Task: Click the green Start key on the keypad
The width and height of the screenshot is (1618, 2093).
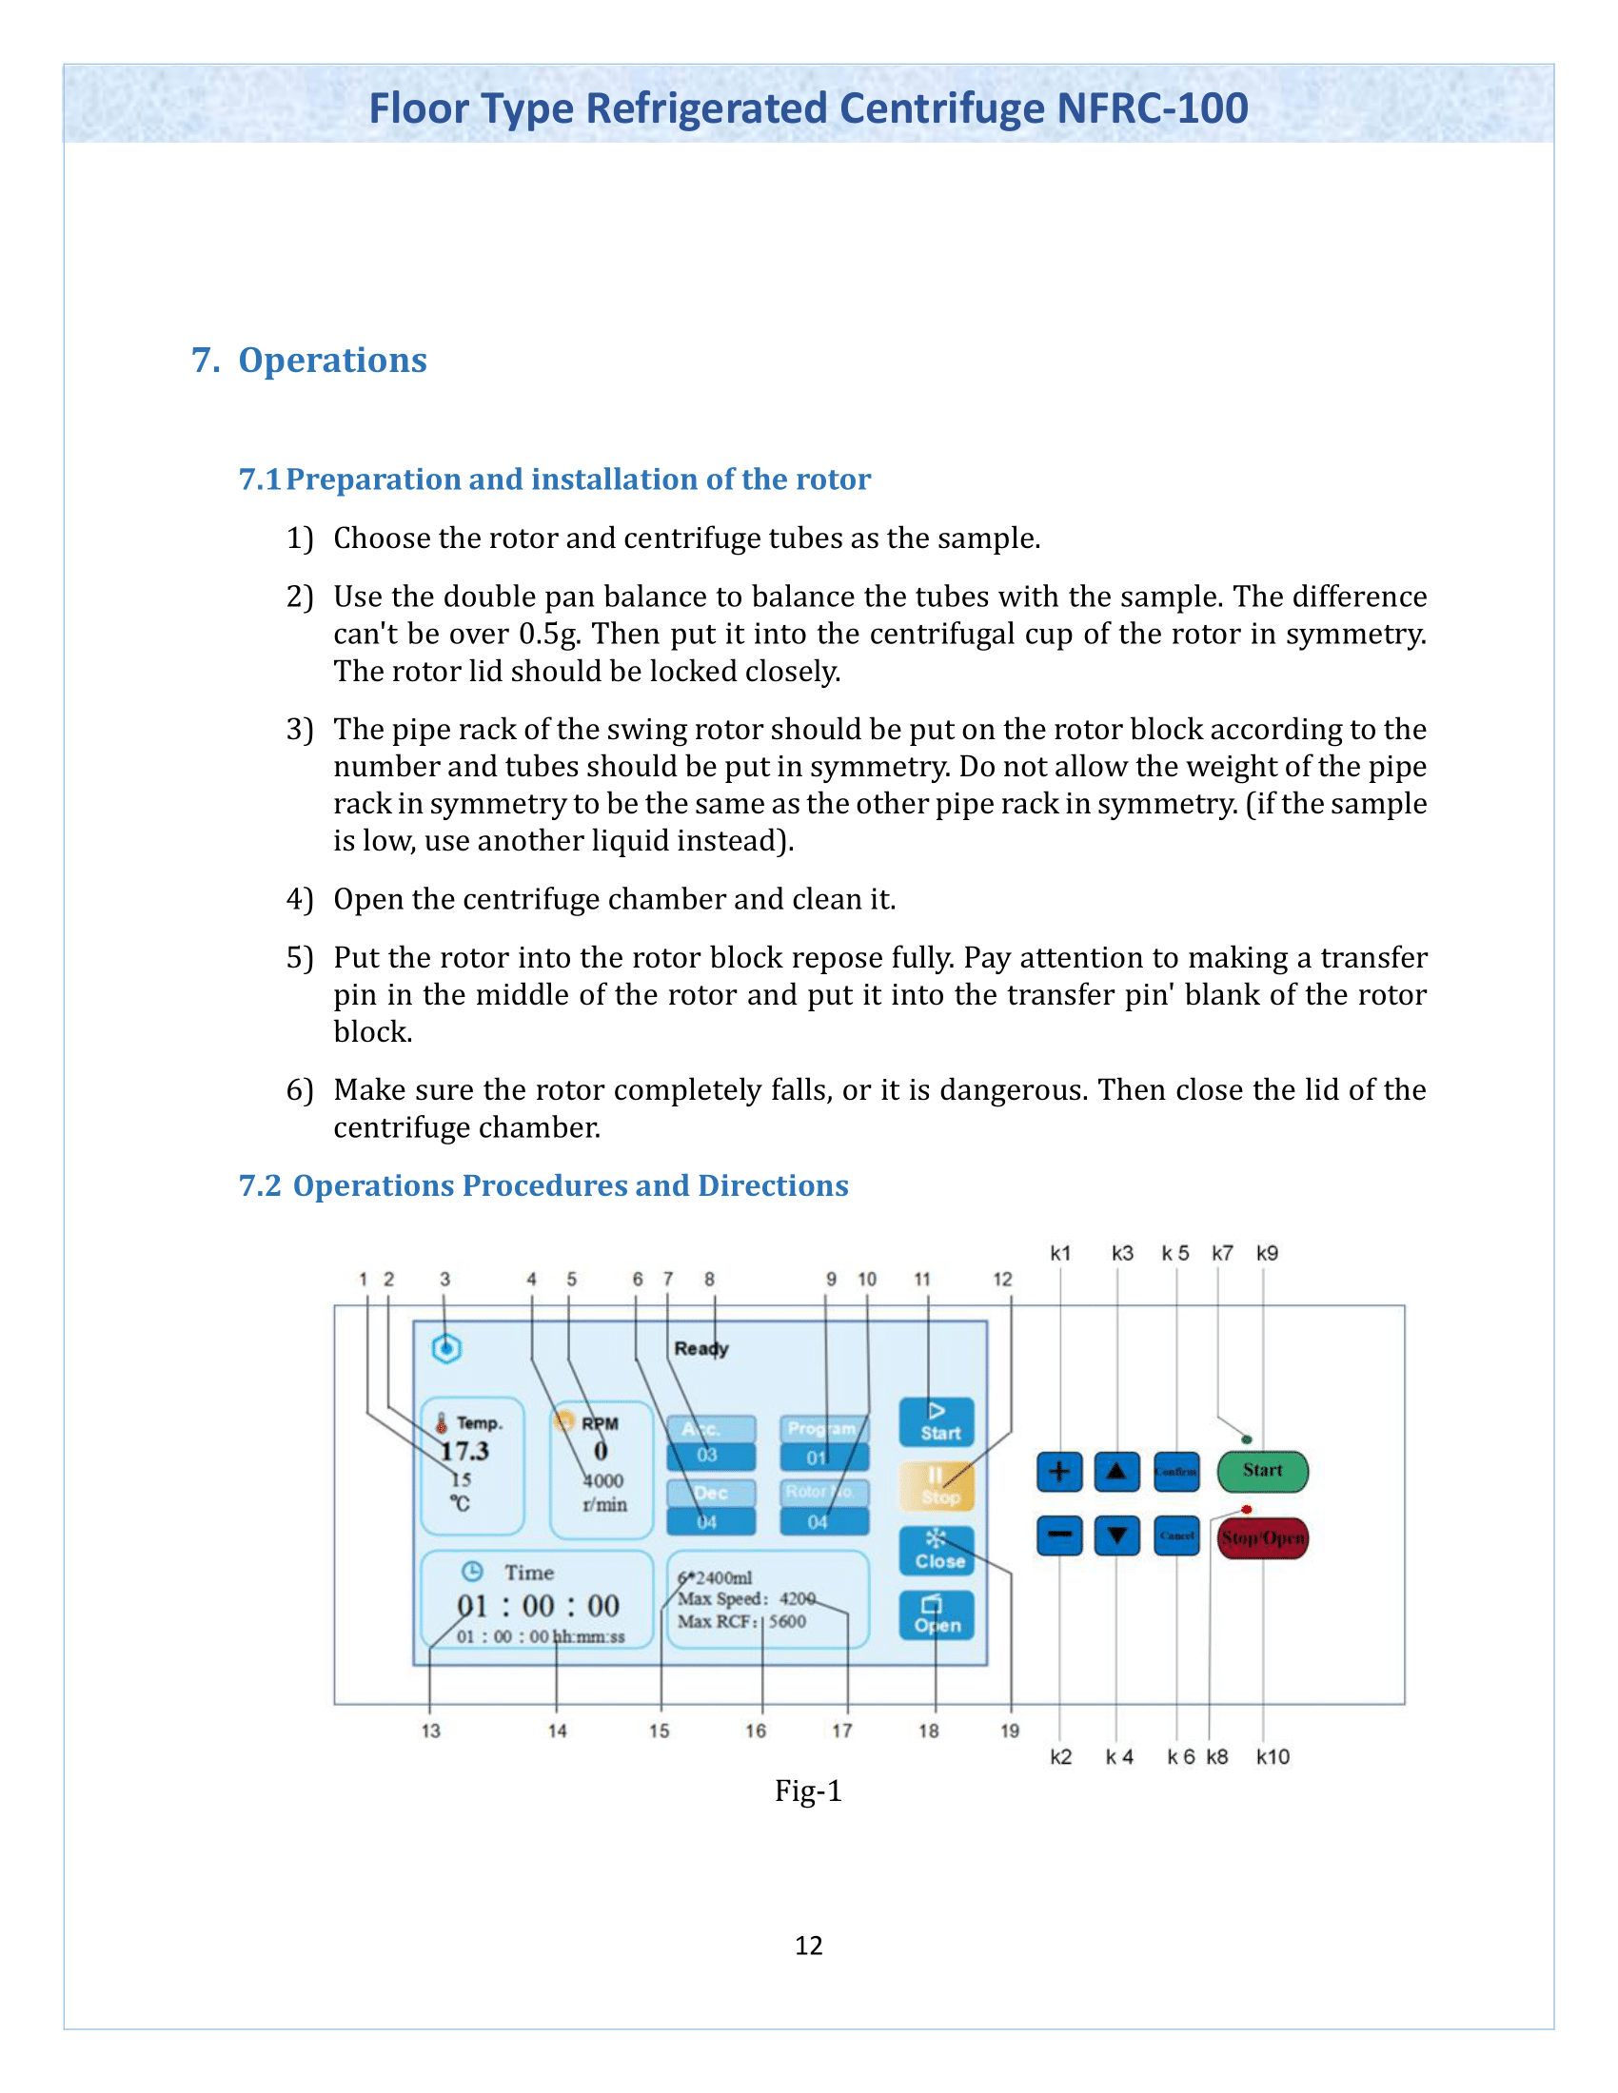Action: (x=1261, y=1471)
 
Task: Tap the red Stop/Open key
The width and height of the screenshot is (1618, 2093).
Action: (x=1261, y=1538)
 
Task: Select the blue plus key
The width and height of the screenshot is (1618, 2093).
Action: (x=1059, y=1472)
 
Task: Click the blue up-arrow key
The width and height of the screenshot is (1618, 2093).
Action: (x=1116, y=1472)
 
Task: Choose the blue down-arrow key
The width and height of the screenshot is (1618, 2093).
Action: (x=1116, y=1536)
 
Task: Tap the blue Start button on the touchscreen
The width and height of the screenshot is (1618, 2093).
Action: (x=937, y=1422)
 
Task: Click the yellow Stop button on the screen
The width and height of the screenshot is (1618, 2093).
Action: (x=937, y=1485)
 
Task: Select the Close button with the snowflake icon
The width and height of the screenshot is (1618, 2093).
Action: (x=937, y=1551)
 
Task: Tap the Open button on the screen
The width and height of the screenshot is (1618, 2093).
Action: (x=937, y=1615)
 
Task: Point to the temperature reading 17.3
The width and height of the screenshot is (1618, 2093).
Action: (x=464, y=1451)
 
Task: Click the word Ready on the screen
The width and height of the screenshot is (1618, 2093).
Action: (x=700, y=1348)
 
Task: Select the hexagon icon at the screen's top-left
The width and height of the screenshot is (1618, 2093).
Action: (x=446, y=1348)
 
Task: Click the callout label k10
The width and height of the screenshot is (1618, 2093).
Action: (x=1272, y=1756)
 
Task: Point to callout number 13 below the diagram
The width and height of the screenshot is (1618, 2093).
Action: (x=430, y=1731)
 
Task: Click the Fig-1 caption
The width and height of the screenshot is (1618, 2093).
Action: (x=808, y=1790)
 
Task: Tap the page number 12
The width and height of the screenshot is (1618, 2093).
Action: (x=808, y=1946)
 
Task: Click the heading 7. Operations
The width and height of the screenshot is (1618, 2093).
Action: (x=308, y=361)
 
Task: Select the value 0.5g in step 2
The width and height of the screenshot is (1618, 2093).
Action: (x=549, y=635)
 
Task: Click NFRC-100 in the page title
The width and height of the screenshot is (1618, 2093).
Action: (x=1153, y=108)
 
